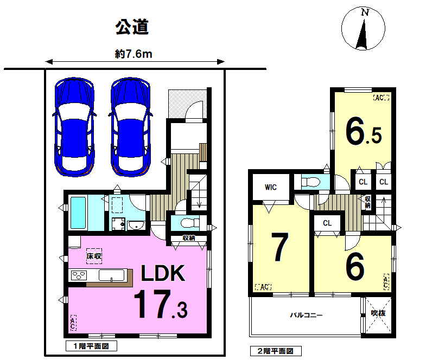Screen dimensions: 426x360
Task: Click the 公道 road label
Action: (x=132, y=27)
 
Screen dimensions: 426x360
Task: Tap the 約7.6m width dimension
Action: (x=133, y=54)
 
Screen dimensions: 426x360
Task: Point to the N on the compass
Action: (x=365, y=12)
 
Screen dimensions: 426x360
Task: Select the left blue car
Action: (x=74, y=127)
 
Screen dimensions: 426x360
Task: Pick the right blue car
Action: (x=130, y=127)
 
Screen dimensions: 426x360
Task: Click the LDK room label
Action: (x=163, y=273)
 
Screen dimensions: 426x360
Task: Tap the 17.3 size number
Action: (x=161, y=304)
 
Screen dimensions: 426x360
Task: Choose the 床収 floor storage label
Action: (x=94, y=256)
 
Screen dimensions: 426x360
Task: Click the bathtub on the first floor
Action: (x=78, y=213)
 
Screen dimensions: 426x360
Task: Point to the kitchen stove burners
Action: (x=79, y=275)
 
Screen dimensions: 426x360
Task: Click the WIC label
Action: (x=271, y=187)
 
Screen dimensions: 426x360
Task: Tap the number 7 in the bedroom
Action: (x=280, y=247)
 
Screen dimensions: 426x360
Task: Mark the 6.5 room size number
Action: (x=364, y=131)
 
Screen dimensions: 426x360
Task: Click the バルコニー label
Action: (x=306, y=315)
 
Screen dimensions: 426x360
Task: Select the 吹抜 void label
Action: (x=378, y=313)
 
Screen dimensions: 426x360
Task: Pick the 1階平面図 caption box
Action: (x=91, y=346)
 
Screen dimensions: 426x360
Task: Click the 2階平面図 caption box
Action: (x=276, y=351)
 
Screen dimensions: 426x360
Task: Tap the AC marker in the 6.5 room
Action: (x=381, y=98)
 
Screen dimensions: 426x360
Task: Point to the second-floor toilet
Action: (x=311, y=182)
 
